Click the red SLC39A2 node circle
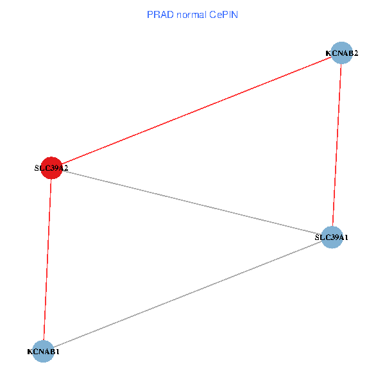coord(51,167)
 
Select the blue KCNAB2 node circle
coord(341,53)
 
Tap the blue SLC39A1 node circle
coord(332,237)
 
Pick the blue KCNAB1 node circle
coord(43,352)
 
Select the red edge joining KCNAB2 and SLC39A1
coord(337,145)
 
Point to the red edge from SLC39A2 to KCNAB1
coord(47,259)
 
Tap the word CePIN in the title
coord(223,14)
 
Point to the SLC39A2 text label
coord(51,168)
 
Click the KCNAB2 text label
coord(341,53)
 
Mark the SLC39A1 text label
coord(332,237)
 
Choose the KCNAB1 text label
coord(43,352)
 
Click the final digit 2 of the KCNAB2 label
coord(355,53)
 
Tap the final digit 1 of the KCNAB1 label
coord(58,352)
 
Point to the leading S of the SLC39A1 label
coord(317,237)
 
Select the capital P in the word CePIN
coord(223,14)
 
